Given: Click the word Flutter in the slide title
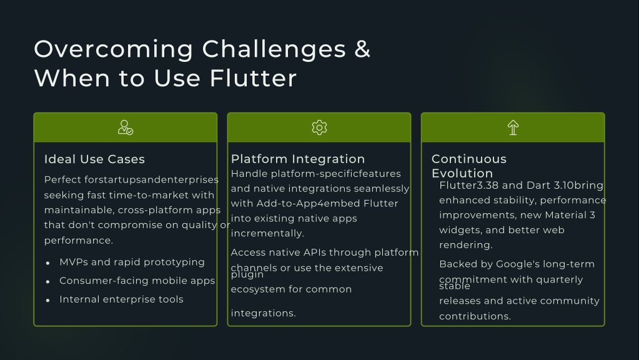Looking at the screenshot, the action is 253,78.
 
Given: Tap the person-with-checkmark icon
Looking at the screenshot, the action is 125,127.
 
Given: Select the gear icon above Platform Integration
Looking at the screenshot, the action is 319,127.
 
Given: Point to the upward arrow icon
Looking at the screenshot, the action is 513,127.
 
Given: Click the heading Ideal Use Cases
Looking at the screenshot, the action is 94,159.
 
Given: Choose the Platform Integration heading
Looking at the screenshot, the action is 298,159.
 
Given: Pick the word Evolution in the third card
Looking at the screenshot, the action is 462,173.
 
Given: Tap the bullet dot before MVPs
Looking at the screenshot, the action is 47,263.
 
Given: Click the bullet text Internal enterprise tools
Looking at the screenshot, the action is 121,299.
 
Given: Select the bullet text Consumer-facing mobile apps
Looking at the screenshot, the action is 137,281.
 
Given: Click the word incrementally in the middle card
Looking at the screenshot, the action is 267,233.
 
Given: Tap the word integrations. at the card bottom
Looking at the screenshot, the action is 263,313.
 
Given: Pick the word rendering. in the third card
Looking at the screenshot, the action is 466,245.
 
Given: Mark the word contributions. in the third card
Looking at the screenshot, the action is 475,316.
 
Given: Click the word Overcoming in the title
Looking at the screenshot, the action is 113,49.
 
